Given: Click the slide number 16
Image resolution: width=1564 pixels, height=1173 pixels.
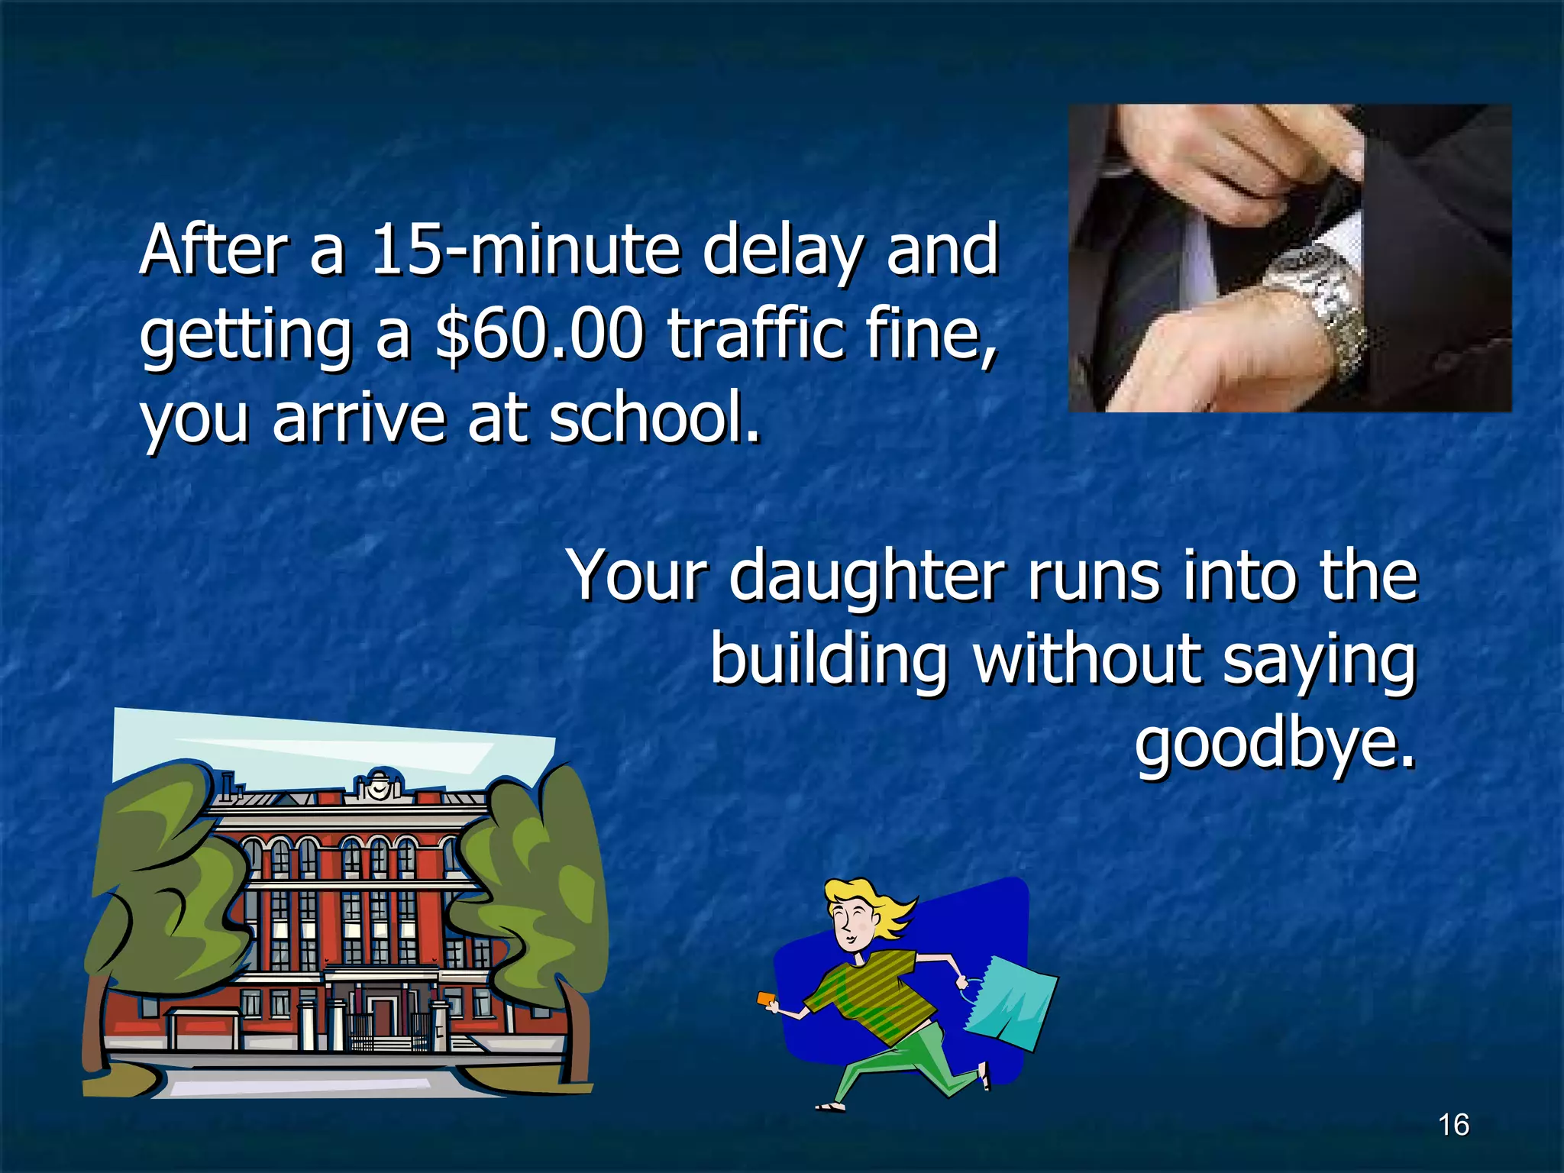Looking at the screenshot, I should [1453, 1125].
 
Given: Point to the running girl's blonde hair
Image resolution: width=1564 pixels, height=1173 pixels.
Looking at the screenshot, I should [878, 906].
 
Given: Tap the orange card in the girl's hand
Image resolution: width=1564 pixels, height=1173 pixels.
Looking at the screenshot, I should [766, 999].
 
